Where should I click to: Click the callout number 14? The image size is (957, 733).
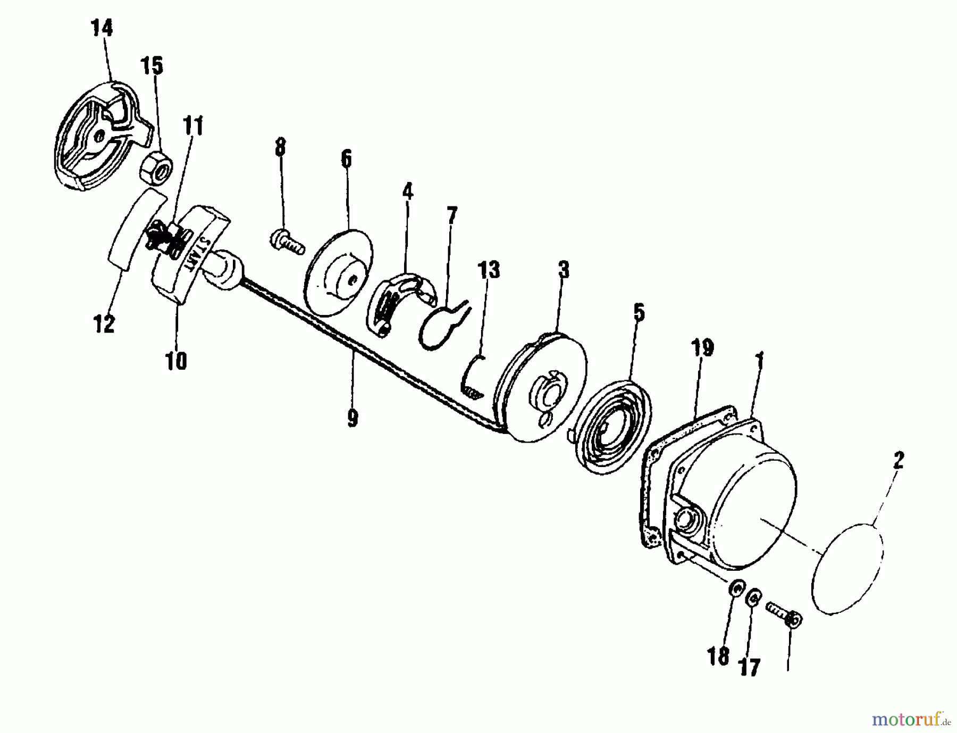tap(103, 28)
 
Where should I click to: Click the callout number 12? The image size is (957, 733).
tap(104, 323)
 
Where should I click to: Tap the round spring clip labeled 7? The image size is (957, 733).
tap(439, 327)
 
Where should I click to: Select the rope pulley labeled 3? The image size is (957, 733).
tap(540, 388)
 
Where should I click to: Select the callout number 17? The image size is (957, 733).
tap(750, 668)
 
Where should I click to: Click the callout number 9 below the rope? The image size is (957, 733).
tap(352, 418)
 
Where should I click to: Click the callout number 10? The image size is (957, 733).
tap(177, 361)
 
